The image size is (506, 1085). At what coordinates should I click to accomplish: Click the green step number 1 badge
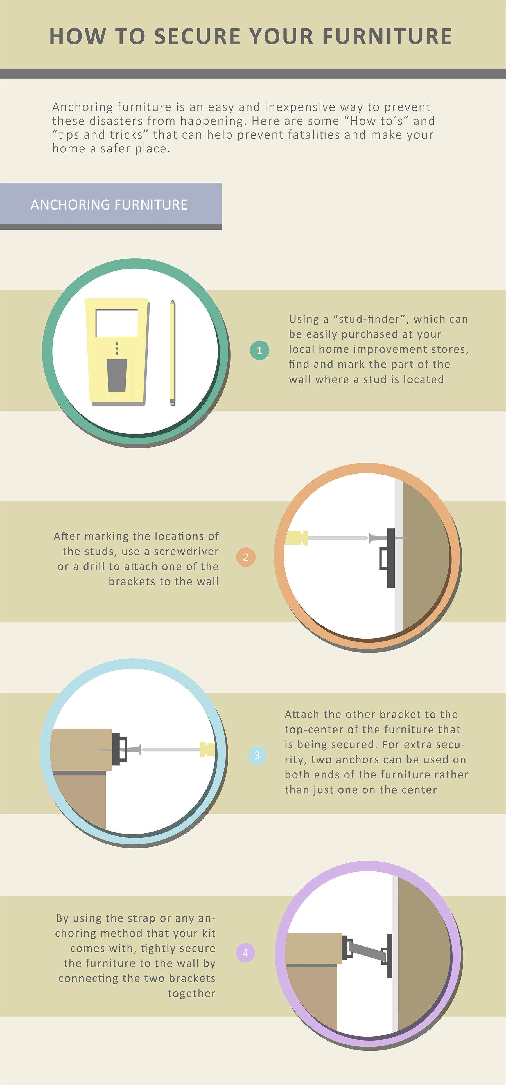point(259,350)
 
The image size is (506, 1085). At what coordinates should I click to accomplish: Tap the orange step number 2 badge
point(246,557)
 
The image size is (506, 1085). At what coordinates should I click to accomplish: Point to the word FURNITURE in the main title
point(387,36)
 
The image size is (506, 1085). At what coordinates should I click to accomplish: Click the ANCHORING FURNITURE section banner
point(111,205)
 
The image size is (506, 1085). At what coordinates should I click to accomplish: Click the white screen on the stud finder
point(117,323)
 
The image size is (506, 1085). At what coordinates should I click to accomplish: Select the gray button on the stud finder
point(117,375)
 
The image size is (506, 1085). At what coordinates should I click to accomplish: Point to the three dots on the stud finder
point(117,348)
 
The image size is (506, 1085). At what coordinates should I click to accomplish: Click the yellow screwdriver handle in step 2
point(296,538)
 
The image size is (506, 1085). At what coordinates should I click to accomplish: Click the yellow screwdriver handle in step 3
point(207,749)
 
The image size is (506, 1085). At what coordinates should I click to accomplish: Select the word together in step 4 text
point(191,993)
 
